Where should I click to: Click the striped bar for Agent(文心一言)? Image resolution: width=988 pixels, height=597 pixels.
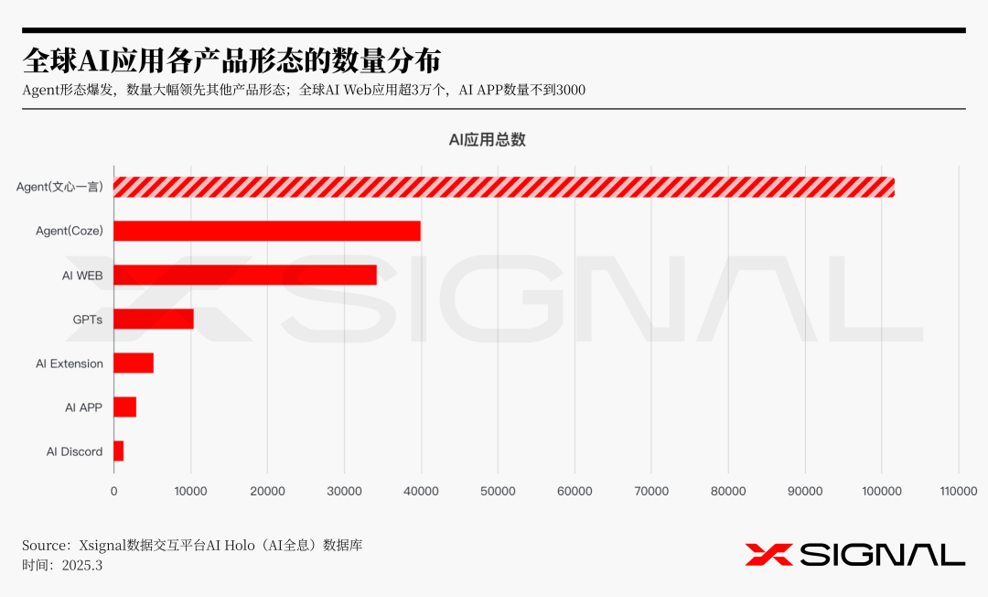[503, 187]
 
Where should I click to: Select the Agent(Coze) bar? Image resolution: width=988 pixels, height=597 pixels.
[267, 231]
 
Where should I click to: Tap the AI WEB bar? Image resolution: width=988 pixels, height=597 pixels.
[245, 275]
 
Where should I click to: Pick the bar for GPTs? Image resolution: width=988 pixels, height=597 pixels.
[154, 319]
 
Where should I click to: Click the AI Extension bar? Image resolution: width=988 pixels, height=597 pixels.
[134, 363]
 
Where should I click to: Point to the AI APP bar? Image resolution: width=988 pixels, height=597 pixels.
[125, 407]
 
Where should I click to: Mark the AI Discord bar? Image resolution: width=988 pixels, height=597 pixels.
[119, 450]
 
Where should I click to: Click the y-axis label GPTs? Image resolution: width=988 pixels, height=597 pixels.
[88, 320]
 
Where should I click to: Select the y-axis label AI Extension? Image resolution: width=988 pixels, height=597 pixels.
[70, 364]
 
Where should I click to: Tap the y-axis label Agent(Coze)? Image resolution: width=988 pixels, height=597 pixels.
[70, 232]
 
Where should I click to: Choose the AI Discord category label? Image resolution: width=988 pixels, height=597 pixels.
[75, 451]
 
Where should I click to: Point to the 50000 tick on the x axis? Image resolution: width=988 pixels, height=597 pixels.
[498, 492]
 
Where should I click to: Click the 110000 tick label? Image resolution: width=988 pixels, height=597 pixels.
[958, 492]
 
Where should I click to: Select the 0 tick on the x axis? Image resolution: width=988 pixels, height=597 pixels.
[114, 492]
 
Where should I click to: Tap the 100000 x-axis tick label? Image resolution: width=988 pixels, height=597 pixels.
[881, 492]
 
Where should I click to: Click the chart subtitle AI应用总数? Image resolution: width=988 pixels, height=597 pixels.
[487, 140]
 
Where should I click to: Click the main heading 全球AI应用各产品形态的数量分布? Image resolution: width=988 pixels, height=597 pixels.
[231, 60]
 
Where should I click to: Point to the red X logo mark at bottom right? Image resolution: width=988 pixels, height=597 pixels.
[768, 554]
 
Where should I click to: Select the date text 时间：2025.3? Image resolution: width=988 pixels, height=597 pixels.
[62, 565]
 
